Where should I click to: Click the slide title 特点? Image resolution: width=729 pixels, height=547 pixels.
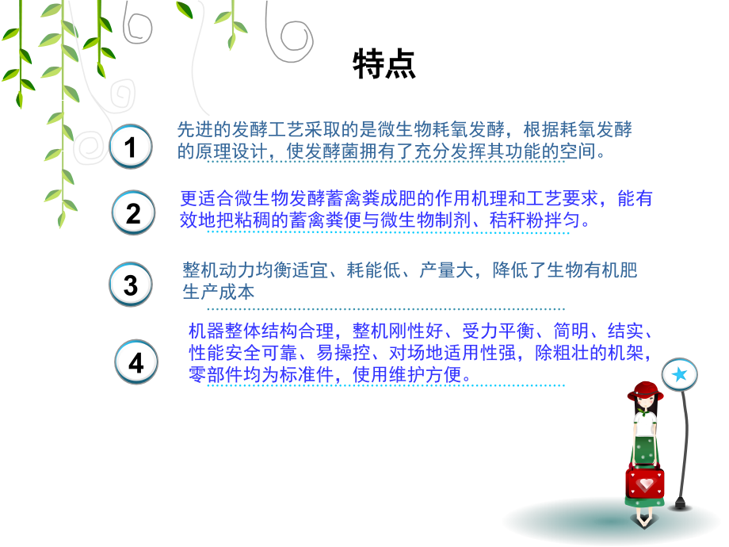[x=384, y=65]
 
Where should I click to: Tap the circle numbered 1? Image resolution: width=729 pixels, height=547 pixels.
[x=131, y=147]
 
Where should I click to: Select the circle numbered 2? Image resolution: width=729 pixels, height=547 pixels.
[x=133, y=212]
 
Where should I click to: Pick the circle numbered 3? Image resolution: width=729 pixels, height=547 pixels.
[x=131, y=285]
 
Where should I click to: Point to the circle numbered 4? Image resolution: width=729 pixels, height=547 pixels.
[x=136, y=362]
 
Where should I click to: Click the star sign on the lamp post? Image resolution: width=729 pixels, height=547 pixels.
[x=679, y=374]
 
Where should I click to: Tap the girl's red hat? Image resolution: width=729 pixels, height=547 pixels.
[x=645, y=390]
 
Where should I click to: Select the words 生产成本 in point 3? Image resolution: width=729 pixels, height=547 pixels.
[x=219, y=292]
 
